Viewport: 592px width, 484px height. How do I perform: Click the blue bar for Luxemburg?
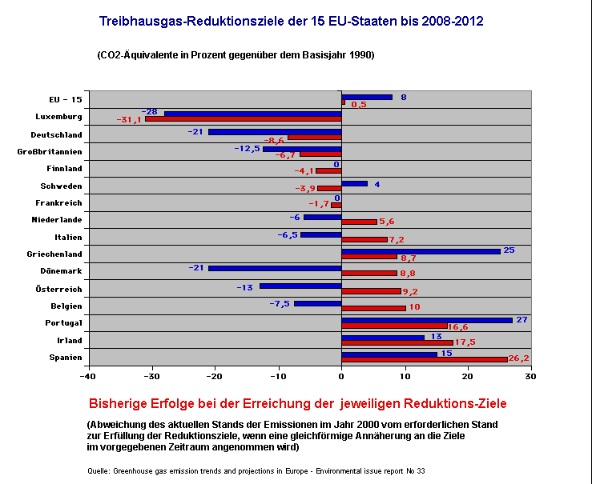[x=253, y=114]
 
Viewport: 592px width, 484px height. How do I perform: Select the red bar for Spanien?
[x=425, y=359]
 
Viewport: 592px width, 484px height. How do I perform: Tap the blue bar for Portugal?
[x=427, y=320]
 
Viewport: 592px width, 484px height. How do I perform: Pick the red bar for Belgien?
[x=373, y=308]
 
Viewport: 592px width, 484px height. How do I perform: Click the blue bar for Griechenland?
[x=421, y=251]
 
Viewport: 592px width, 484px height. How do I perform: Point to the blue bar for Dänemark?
[x=275, y=268]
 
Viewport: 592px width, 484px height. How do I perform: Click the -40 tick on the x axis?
[x=88, y=374]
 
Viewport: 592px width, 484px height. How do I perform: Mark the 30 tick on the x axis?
[x=530, y=374]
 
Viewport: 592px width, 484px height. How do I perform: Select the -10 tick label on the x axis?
[x=278, y=374]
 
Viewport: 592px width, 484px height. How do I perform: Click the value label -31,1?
[x=129, y=120]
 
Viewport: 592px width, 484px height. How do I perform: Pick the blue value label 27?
[x=523, y=320]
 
